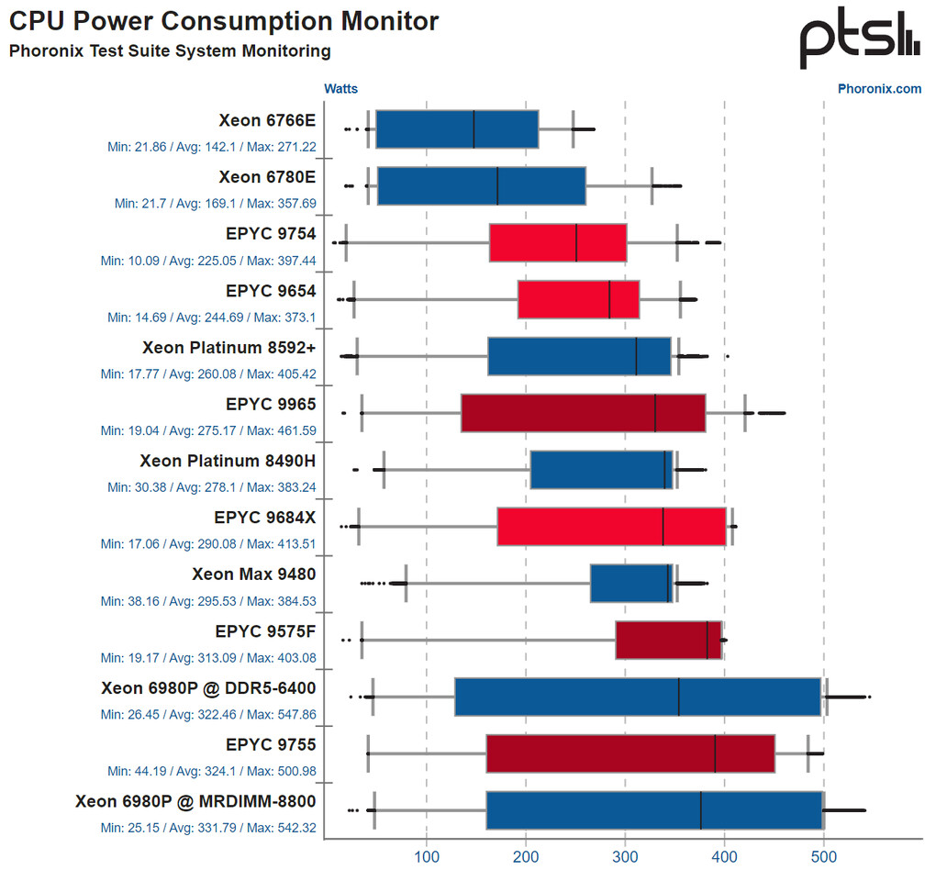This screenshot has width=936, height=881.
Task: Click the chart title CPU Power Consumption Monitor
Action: point(224,21)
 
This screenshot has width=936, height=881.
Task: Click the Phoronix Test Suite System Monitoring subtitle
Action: point(170,51)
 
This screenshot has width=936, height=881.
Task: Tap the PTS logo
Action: point(859,39)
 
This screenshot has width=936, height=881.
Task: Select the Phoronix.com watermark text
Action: point(879,89)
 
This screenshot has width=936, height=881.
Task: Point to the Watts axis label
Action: point(340,89)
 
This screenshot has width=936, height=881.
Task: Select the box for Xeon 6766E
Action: point(457,128)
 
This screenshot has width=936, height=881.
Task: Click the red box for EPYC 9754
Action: point(558,242)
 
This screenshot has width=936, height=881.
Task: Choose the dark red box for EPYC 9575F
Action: point(668,641)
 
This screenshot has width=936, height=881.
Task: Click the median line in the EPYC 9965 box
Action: point(655,413)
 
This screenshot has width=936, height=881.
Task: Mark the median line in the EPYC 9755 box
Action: point(715,754)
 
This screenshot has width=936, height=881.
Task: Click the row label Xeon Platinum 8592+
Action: point(228,348)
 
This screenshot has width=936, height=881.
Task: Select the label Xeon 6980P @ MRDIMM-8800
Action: point(195,802)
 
